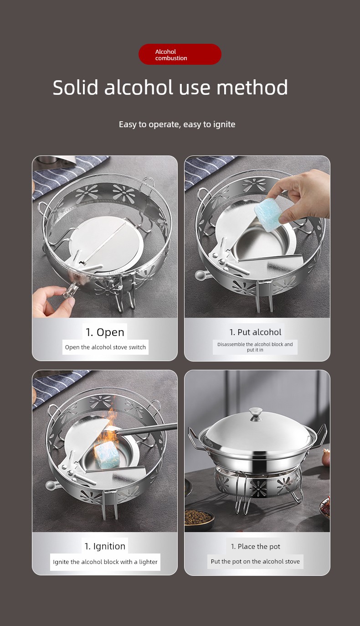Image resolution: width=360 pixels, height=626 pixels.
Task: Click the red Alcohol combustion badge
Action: (180, 54)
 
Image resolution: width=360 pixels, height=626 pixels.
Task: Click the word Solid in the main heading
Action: (75, 88)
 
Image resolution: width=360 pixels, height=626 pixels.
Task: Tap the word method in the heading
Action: (252, 88)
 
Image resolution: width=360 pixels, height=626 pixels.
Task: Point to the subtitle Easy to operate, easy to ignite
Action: (177, 124)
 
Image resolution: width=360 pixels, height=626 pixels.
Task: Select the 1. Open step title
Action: (105, 332)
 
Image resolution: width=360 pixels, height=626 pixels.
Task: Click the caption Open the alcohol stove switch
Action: (105, 347)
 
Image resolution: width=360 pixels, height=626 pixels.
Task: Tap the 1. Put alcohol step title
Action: (255, 332)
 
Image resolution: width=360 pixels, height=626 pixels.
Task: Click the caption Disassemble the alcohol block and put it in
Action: (255, 347)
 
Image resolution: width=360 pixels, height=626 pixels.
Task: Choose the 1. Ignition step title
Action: (105, 546)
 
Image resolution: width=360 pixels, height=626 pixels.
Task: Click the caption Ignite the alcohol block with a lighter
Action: (105, 562)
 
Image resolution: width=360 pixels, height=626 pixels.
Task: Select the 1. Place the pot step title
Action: (256, 546)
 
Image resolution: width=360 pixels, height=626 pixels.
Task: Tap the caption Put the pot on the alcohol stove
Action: (255, 561)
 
